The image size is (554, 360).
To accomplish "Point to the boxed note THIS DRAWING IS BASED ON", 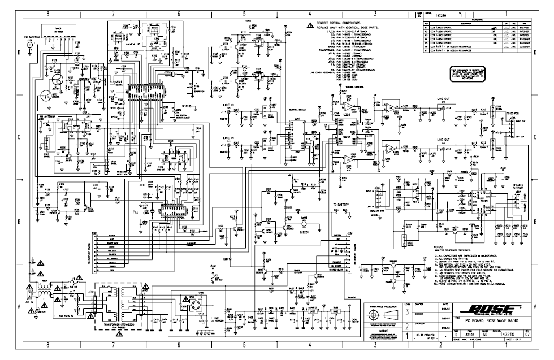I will point(466,73).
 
